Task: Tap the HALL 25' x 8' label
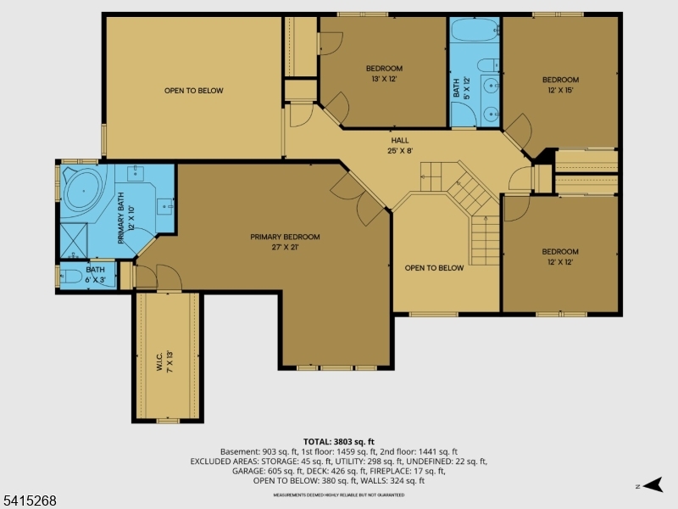[399, 146]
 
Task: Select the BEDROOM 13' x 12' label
[384, 73]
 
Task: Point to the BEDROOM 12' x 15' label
[560, 85]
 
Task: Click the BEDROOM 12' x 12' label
[560, 256]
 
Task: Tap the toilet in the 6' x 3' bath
[70, 277]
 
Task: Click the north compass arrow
[650, 485]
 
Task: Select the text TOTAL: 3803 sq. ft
[338, 442]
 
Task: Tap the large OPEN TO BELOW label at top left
[194, 90]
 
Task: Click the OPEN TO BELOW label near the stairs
[434, 268]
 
